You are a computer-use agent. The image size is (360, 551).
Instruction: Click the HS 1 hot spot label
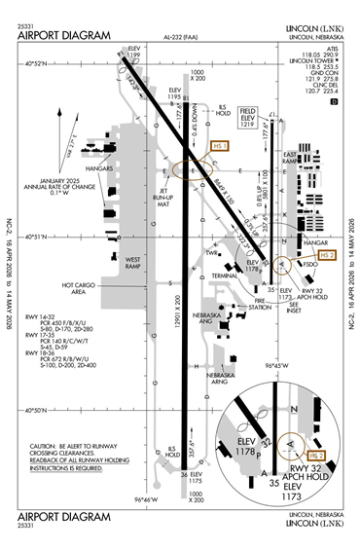[x=219, y=145]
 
